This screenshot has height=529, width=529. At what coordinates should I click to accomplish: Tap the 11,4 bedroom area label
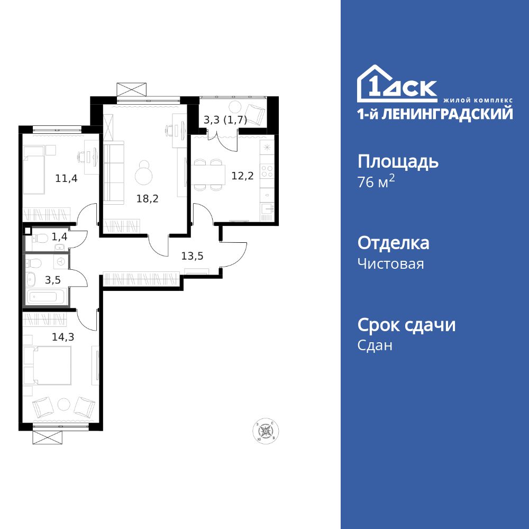66,178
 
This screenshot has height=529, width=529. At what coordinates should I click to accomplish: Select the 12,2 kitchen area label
243,176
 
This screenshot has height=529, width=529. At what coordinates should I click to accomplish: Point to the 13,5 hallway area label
192,257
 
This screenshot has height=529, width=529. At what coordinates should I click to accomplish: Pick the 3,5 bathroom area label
52,280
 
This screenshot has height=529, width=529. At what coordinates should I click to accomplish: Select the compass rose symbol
265,431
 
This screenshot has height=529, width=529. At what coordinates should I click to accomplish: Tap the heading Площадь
398,161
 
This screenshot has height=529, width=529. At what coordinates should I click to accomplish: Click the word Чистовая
391,263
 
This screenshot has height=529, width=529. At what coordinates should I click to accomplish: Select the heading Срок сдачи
406,325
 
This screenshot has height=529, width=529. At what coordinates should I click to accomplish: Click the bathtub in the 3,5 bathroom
46,297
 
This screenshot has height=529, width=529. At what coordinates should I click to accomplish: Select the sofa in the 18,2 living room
112,172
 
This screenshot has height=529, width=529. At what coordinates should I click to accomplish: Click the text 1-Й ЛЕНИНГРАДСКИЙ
435,114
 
